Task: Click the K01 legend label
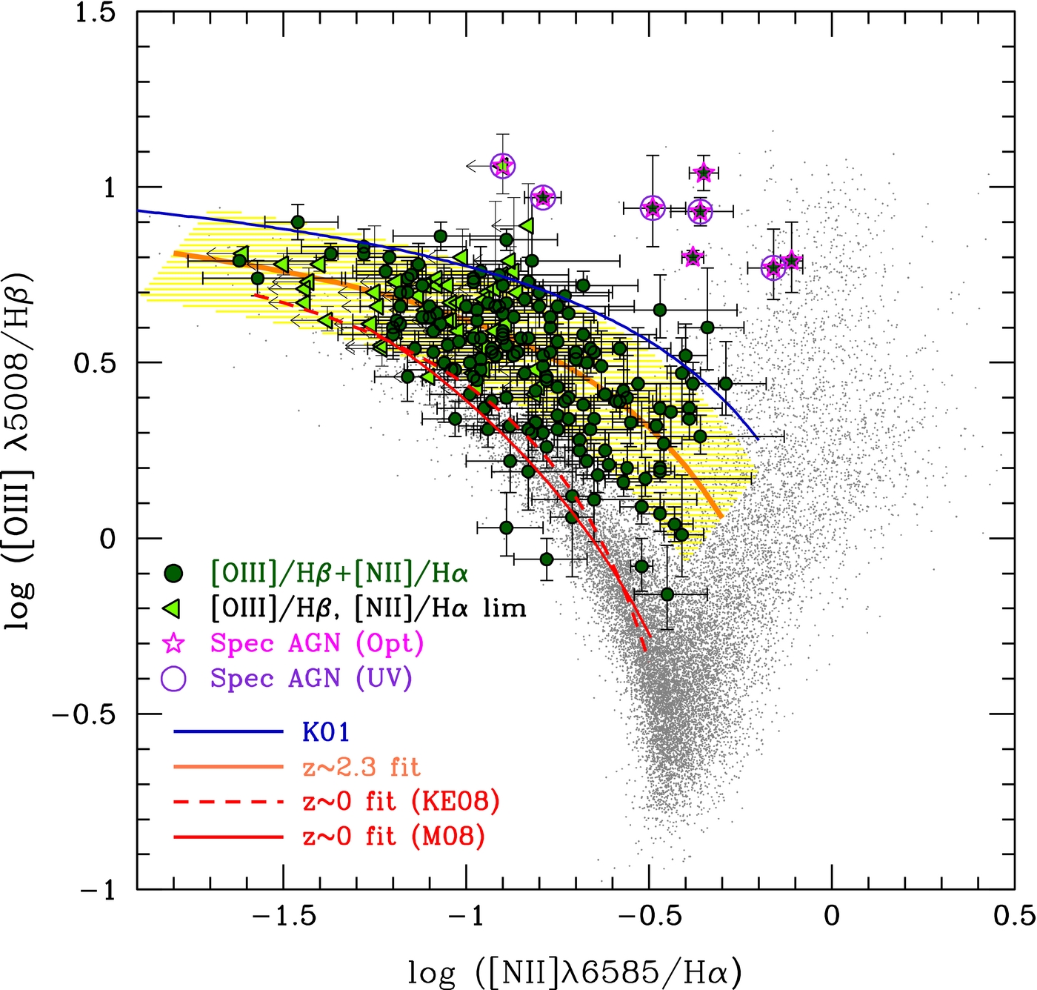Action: pyautogui.click(x=325, y=732)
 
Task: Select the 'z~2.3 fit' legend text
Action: pyautogui.click(x=361, y=767)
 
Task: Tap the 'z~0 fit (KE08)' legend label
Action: pyautogui.click(x=401, y=802)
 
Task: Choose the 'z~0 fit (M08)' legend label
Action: pyautogui.click(x=393, y=837)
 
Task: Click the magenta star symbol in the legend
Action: pyautogui.click(x=173, y=643)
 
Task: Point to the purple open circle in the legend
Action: pyautogui.click(x=173, y=678)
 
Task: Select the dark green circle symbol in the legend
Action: pyautogui.click(x=173, y=573)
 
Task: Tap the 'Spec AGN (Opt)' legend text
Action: pyautogui.click(x=316, y=643)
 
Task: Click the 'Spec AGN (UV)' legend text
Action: pyautogui.click(x=310, y=678)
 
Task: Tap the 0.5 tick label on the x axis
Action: pyautogui.click(x=1014, y=916)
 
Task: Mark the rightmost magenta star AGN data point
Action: pyautogui.click(x=792, y=261)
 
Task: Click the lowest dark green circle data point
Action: pyautogui.click(x=667, y=594)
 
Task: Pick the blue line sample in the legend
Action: pyautogui.click(x=228, y=732)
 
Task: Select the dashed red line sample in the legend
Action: pyautogui.click(x=228, y=802)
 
